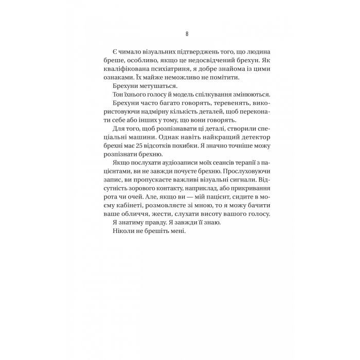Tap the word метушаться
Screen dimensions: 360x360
(153, 86)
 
